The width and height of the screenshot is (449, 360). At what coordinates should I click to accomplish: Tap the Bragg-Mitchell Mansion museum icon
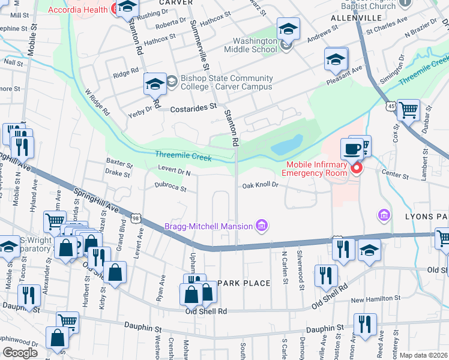click(x=261, y=226)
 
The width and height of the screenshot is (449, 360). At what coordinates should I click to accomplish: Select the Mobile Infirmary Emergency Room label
click(x=316, y=169)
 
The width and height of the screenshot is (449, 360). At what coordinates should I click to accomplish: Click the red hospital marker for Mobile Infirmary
click(x=356, y=168)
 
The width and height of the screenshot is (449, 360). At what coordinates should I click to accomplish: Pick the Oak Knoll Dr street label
click(x=261, y=185)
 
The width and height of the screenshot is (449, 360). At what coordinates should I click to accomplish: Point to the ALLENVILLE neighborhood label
click(x=352, y=19)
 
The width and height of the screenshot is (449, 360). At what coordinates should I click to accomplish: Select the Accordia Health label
click(x=86, y=9)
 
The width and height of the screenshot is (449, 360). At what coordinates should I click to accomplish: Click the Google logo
click(x=20, y=353)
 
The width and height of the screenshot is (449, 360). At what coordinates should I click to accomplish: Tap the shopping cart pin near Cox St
click(x=408, y=110)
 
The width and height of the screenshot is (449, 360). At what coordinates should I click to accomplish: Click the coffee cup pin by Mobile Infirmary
click(x=351, y=148)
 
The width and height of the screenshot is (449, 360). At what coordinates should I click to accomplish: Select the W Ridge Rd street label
click(x=97, y=103)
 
